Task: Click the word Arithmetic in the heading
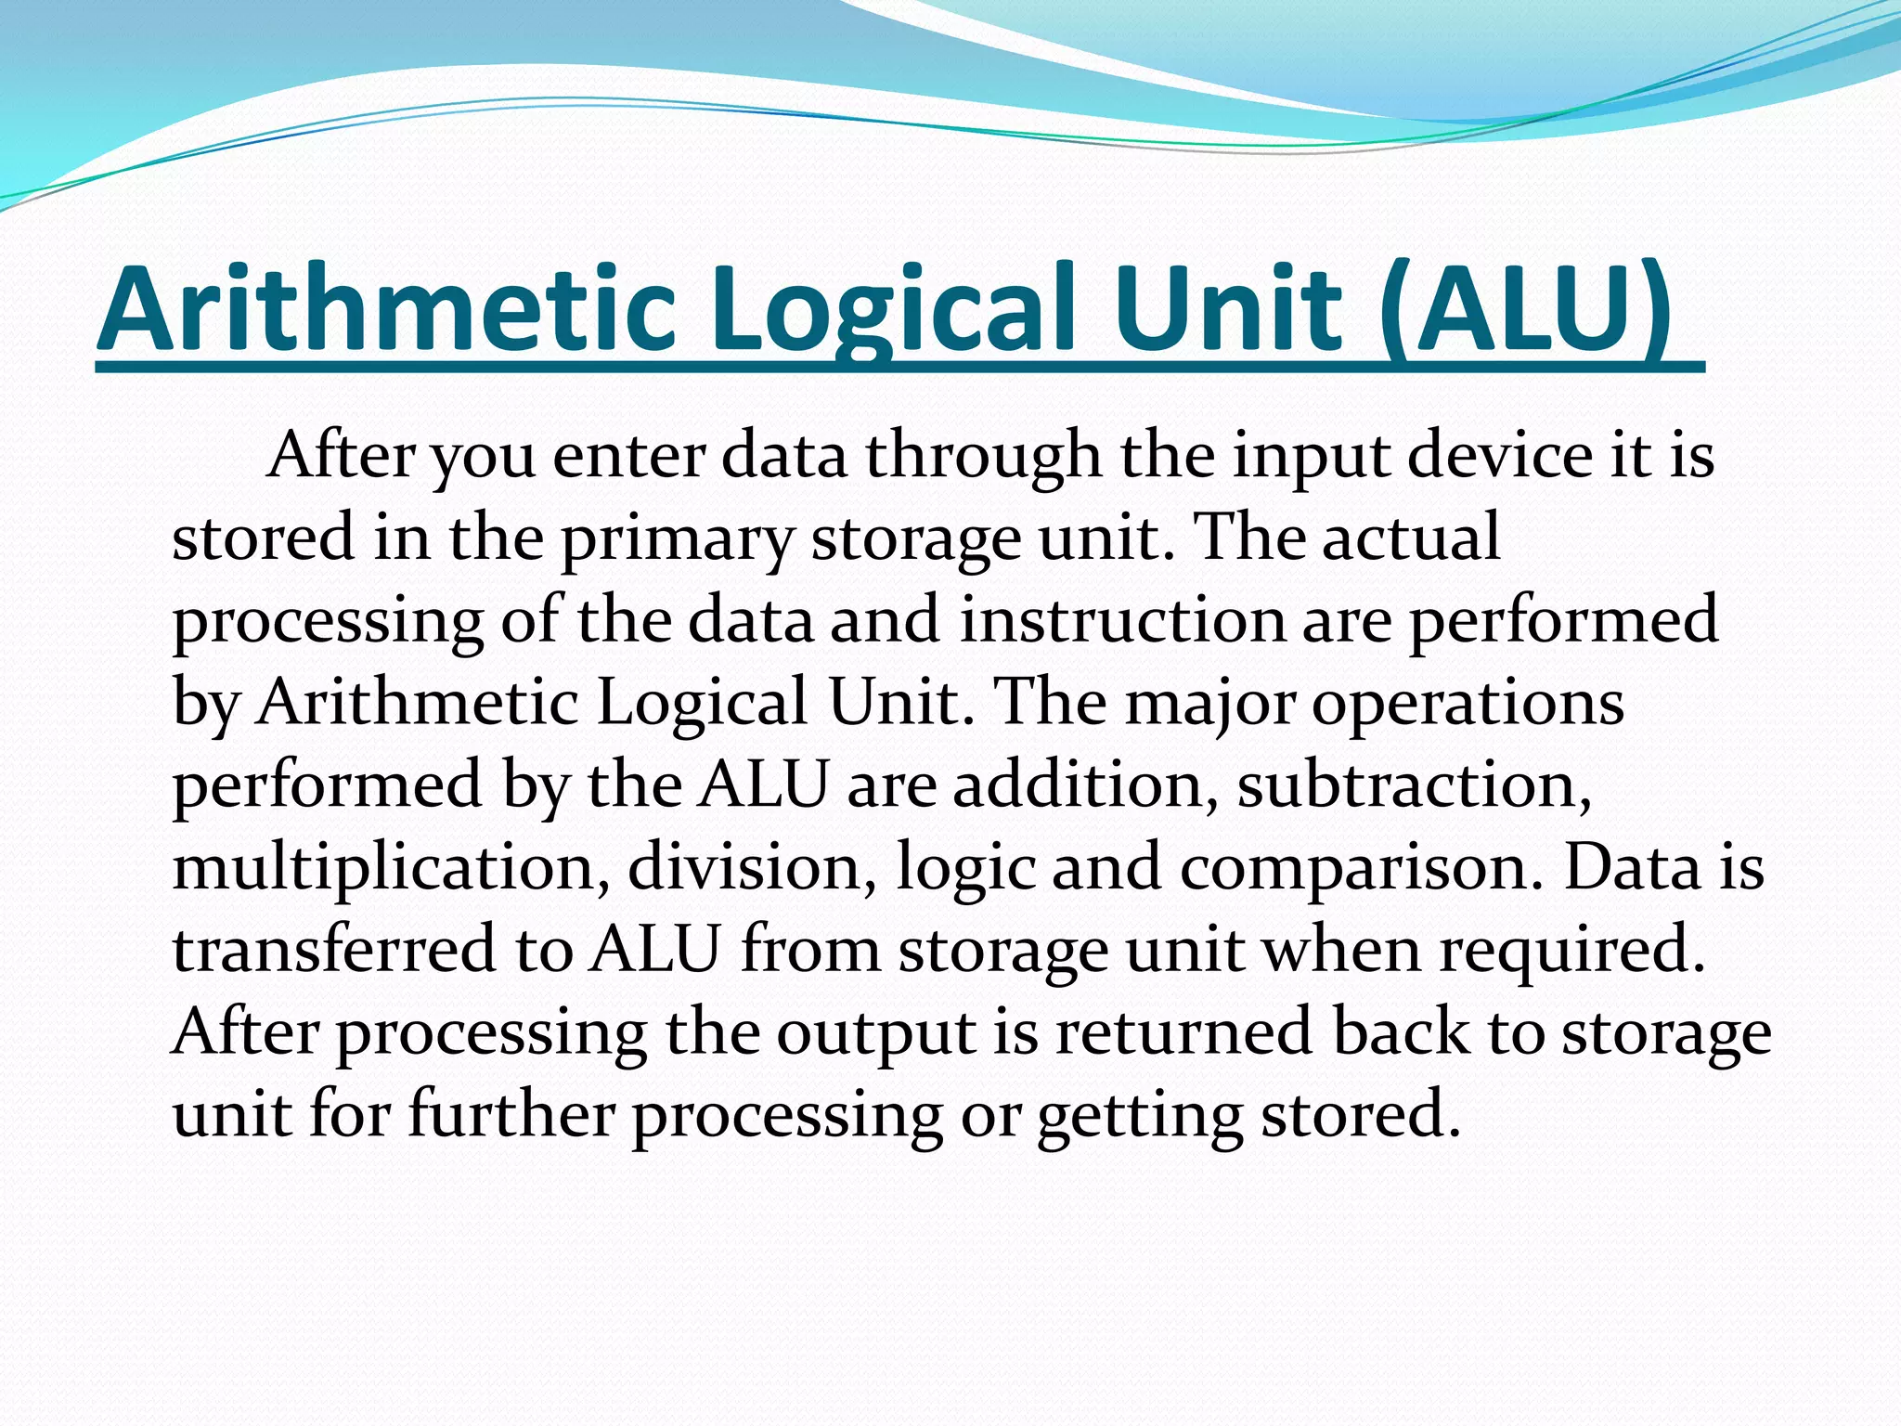click(385, 309)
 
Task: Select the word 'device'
click(1500, 457)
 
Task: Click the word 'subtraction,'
click(1415, 785)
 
